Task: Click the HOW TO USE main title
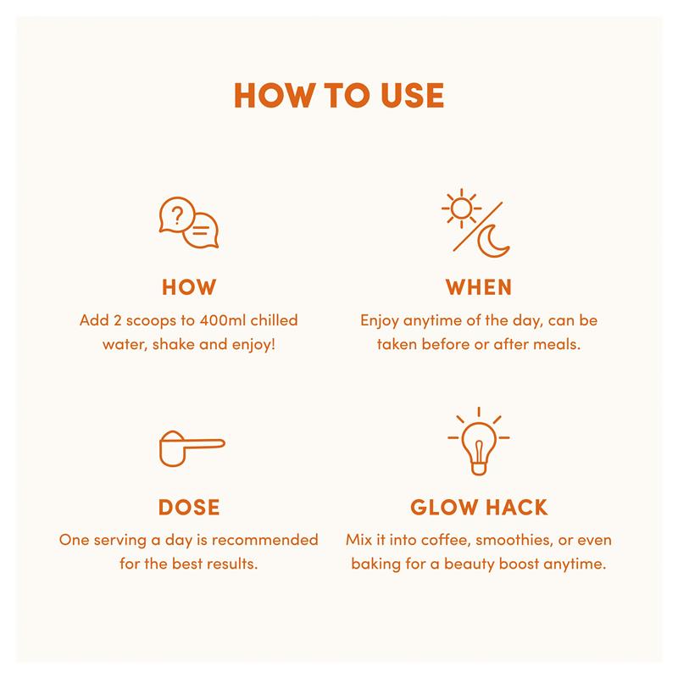point(339,96)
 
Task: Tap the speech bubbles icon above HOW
point(189,223)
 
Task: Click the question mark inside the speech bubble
point(177,215)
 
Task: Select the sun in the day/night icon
point(461,208)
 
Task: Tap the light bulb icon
point(479,441)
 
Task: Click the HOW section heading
point(189,287)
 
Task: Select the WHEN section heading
point(479,287)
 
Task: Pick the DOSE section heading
point(189,507)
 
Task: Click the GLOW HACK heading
point(479,507)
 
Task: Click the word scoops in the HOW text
point(152,322)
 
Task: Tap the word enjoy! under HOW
point(253,346)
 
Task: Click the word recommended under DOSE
point(265,540)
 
